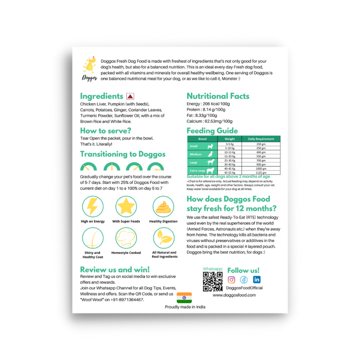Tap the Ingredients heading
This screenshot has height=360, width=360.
click(x=102, y=96)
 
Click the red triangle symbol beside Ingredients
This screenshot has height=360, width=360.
click(x=130, y=96)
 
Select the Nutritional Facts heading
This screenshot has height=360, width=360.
click(x=218, y=96)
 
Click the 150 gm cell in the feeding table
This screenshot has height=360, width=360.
click(x=261, y=144)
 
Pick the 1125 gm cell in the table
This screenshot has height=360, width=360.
click(x=261, y=172)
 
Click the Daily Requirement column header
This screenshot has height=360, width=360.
click(x=261, y=139)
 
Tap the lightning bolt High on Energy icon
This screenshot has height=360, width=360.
click(x=93, y=207)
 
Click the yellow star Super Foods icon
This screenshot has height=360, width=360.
click(x=126, y=207)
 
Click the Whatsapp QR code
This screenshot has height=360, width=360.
click(x=213, y=282)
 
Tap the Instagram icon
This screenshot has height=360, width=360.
click(x=232, y=280)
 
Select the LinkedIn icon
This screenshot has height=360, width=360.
click(x=257, y=280)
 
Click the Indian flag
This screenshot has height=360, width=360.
click(x=184, y=298)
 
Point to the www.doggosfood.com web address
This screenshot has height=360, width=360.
click(x=234, y=295)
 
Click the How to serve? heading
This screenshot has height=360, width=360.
click(x=106, y=131)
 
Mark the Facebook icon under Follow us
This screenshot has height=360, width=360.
click(x=244, y=280)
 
